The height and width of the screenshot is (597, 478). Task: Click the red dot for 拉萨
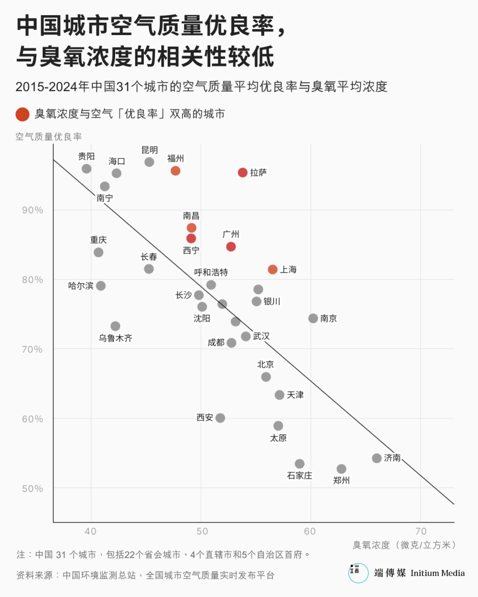[243, 172]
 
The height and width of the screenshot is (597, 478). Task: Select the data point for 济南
[377, 458]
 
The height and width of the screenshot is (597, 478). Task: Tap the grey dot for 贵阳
[86, 169]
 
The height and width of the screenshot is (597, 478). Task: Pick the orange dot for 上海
[272, 269]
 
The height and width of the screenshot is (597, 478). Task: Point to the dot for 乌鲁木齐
[115, 326]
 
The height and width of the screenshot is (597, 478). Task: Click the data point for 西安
[220, 418]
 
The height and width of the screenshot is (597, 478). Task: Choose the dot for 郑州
[341, 469]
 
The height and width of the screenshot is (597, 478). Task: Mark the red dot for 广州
[231, 247]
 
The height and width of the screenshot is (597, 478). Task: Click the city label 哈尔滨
[81, 286]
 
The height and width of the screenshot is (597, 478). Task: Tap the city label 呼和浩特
[211, 272]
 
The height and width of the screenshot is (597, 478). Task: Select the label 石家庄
[299, 476]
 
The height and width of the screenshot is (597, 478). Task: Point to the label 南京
[328, 319]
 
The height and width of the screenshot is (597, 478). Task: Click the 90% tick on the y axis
[33, 210]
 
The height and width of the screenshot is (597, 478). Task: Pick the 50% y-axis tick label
[33, 488]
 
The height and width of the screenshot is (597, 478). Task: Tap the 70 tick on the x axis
[421, 531]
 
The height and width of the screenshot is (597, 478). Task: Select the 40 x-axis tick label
[91, 531]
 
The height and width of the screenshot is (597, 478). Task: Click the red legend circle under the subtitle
[22, 114]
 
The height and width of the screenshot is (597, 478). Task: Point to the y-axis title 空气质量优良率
[49, 137]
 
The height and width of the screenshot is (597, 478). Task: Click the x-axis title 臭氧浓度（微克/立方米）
[404, 545]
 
